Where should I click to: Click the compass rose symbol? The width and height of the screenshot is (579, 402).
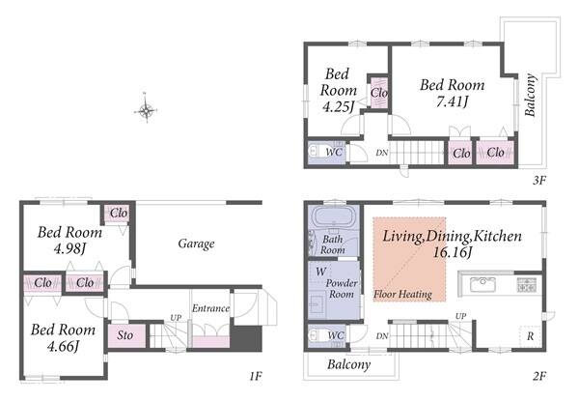[147, 110]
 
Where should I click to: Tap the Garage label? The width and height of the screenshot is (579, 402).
[196, 244]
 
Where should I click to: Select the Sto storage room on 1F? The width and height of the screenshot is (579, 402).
[126, 335]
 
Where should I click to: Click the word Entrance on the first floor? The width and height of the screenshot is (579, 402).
[210, 308]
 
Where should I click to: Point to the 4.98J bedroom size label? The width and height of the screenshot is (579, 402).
[69, 248]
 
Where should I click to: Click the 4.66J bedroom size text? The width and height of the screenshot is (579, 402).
[63, 346]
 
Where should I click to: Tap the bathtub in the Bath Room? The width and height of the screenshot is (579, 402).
[334, 217]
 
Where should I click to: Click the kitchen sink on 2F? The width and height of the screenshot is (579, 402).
[482, 284]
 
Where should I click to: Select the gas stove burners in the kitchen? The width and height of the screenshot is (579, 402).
[527, 285]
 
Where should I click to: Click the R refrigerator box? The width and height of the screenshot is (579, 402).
[530, 335]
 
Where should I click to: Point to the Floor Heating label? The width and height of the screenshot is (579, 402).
[402, 294]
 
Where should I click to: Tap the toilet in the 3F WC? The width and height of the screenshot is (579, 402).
[317, 151]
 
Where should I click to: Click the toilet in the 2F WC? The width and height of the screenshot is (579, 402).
[317, 334]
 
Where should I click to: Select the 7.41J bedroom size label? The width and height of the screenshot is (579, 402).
[452, 101]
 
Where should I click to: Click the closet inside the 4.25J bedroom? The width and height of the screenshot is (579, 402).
[379, 92]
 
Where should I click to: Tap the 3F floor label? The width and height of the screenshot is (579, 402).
[538, 180]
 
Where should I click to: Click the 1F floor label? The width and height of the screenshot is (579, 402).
[255, 376]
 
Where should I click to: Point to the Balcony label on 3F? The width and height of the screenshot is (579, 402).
[530, 95]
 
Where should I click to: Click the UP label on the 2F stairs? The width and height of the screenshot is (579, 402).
[460, 316]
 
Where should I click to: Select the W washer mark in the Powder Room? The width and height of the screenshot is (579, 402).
[320, 272]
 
